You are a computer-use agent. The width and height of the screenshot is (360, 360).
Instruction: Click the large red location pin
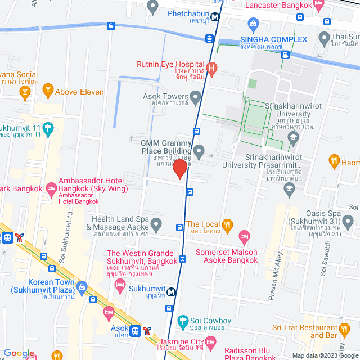coord(179,169)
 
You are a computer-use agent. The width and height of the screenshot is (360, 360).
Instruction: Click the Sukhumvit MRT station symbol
coord(170,292)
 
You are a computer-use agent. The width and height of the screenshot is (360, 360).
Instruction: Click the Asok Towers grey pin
coord(196,98)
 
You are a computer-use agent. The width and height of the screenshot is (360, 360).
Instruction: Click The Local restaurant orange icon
coord(227,226)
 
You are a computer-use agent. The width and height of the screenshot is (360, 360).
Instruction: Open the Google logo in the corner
coord(19,353)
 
